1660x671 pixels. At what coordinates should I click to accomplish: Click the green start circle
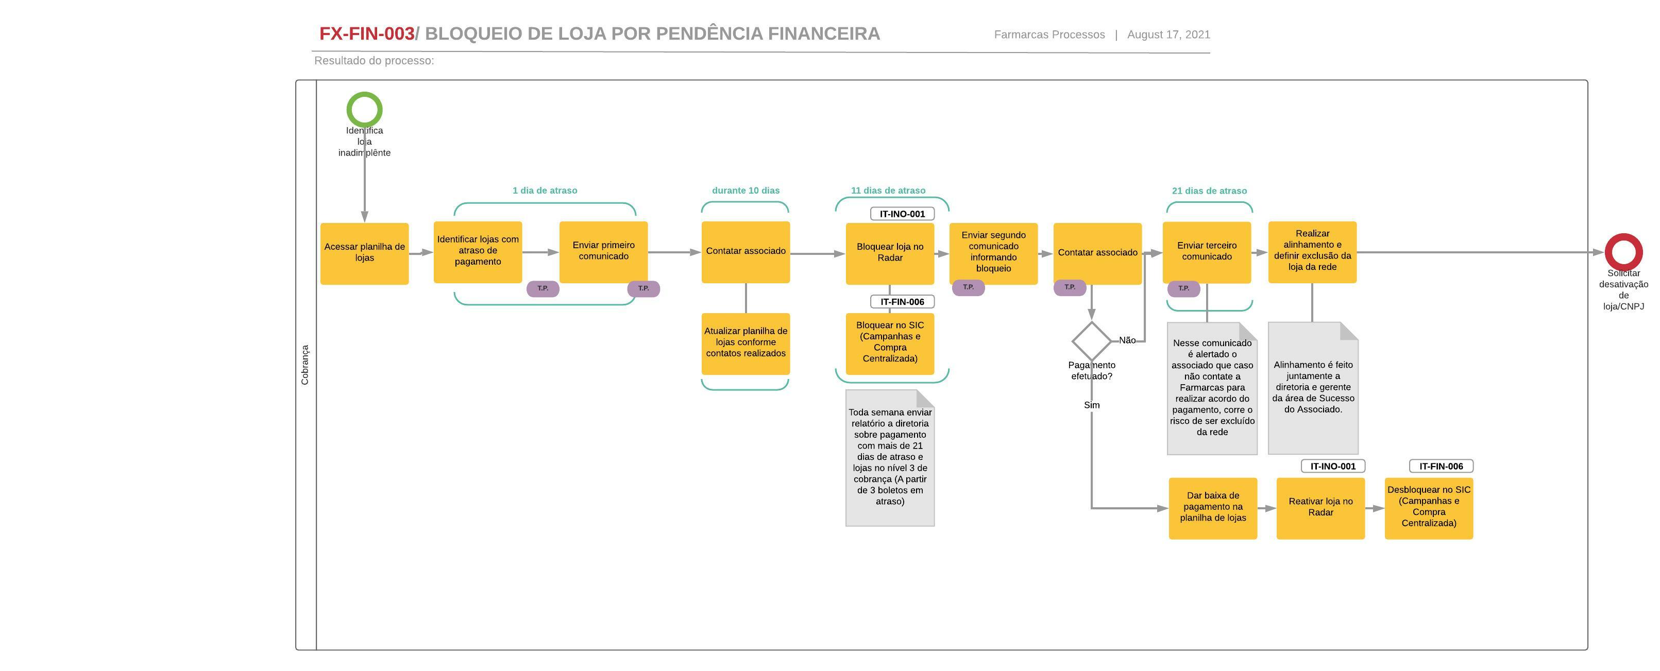point(364,110)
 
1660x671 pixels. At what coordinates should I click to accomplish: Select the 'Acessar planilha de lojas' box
point(364,253)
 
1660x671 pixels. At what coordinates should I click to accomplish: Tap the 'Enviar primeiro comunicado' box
point(603,251)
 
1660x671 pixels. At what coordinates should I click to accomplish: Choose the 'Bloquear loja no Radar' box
point(889,253)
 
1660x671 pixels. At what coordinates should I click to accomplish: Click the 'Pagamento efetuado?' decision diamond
point(1091,341)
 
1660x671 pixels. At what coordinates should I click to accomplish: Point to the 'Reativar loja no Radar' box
point(1320,507)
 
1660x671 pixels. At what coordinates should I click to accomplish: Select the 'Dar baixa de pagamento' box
point(1212,507)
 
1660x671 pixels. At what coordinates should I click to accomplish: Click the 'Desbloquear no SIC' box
point(1428,507)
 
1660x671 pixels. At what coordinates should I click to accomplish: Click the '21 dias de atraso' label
point(1209,191)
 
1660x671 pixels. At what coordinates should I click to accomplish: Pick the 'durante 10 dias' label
point(745,191)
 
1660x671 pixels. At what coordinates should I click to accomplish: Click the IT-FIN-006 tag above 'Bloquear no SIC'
point(902,302)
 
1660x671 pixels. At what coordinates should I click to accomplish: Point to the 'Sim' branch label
point(1091,405)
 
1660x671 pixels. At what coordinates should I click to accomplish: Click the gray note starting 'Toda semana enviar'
point(889,458)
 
